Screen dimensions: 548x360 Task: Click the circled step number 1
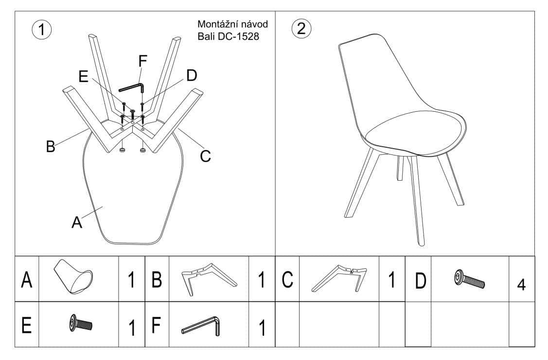click(x=42, y=30)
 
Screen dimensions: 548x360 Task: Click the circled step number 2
click(x=301, y=28)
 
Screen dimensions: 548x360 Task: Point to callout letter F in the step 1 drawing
click(x=142, y=61)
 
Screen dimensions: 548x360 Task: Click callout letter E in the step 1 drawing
click(x=83, y=76)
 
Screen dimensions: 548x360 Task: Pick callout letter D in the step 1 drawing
click(x=192, y=75)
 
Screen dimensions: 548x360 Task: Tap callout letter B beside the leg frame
click(x=51, y=146)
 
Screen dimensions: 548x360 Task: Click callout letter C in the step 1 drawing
click(x=206, y=156)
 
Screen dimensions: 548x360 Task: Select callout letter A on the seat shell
click(x=76, y=222)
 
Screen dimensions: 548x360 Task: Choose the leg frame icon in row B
click(x=209, y=279)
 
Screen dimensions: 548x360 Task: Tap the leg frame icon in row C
click(x=339, y=278)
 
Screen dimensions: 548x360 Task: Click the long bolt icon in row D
click(x=469, y=279)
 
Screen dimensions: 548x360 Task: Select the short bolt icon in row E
click(x=81, y=323)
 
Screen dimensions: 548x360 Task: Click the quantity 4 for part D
click(x=521, y=285)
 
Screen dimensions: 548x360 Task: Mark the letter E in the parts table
click(x=27, y=325)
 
